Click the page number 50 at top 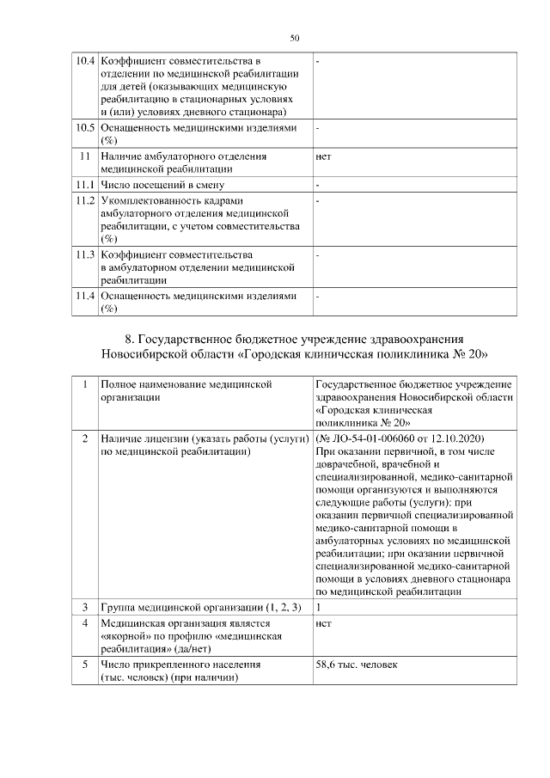295,38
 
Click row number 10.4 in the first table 84,62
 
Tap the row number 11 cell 84,157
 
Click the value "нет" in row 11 324,157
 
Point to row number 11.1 84,185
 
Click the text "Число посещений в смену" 162,185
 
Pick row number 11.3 84,255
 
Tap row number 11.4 84,296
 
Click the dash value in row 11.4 318,296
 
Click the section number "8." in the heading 131,338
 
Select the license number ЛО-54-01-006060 370,438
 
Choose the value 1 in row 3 319,608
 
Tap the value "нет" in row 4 324,623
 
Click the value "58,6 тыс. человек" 357,665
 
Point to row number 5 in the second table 84,665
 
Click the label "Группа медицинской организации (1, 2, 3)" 200,608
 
